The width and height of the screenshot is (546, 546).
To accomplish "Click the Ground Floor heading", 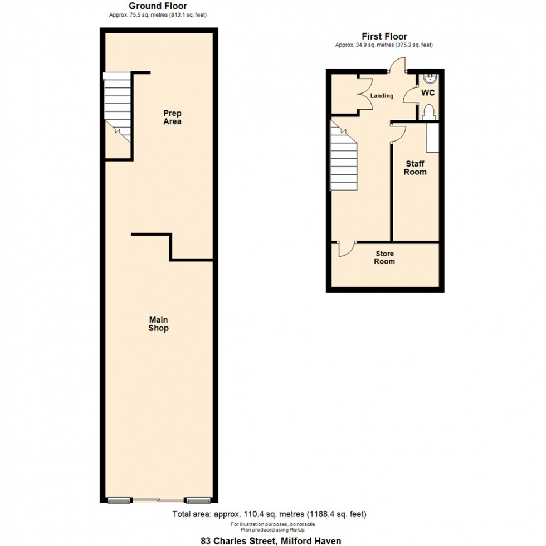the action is pyautogui.click(x=158, y=6).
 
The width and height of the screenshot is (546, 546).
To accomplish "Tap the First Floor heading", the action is pyautogui.click(x=384, y=36).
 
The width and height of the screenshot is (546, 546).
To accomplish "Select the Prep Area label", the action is pyautogui.click(x=172, y=118).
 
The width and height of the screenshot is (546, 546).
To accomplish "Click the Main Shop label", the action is pyautogui.click(x=158, y=324).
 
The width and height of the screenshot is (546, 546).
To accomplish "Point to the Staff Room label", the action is pyautogui.click(x=415, y=168).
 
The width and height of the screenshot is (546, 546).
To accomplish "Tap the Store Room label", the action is pyautogui.click(x=384, y=257).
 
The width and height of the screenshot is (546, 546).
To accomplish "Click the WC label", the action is pyautogui.click(x=428, y=92).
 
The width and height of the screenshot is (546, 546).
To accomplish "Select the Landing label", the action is pyautogui.click(x=382, y=95).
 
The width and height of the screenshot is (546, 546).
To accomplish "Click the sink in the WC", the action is pyautogui.click(x=431, y=79).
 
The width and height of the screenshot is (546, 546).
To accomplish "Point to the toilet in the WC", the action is pyautogui.click(x=429, y=113).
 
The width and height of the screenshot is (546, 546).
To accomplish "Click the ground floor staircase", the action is pyautogui.click(x=118, y=107).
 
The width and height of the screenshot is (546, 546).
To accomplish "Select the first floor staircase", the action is pyautogui.click(x=343, y=155).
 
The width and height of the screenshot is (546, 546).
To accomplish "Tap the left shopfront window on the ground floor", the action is pyautogui.click(x=119, y=501).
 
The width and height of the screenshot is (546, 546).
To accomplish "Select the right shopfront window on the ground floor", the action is pyautogui.click(x=198, y=501).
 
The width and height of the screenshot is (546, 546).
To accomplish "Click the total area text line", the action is pyautogui.click(x=269, y=514).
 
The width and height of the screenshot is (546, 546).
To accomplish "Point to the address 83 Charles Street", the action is pyautogui.click(x=271, y=541).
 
